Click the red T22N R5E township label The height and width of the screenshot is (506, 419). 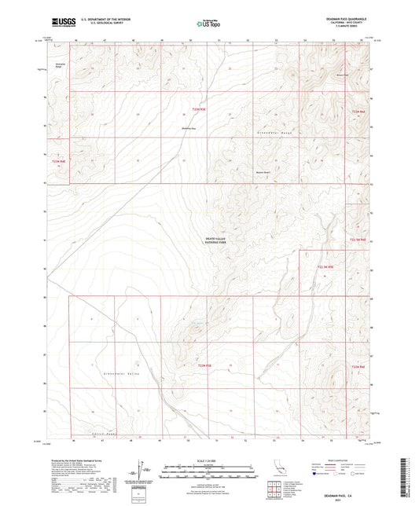(204, 365)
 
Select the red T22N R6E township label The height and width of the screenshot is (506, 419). (358, 365)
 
